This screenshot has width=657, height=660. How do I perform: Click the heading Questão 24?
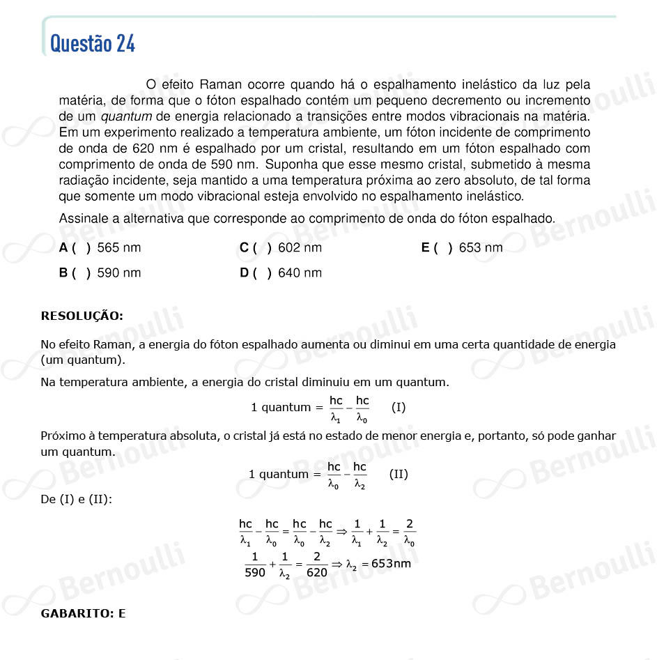pos(93,43)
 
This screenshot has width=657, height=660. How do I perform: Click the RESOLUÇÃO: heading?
pos(82,316)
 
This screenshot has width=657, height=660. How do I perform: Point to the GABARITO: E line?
pos(84,613)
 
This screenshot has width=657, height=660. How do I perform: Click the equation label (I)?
pos(399,407)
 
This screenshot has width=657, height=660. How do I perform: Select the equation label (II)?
pos(399,474)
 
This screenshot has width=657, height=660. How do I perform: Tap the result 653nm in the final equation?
pos(391,563)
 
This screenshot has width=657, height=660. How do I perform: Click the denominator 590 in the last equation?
pos(256,572)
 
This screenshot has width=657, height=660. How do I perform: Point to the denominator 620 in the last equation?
pos(317,572)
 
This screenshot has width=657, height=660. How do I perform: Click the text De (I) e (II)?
pos(76,499)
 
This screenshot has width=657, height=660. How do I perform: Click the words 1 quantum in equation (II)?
pos(278,474)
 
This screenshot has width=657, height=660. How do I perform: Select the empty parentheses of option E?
pos(444,247)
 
